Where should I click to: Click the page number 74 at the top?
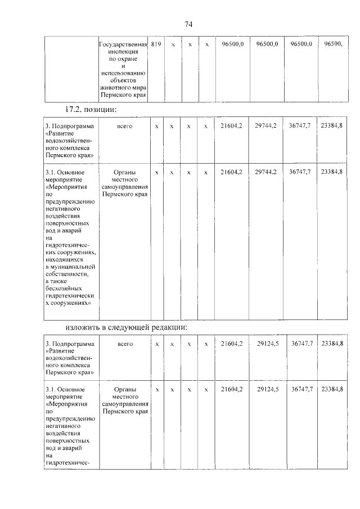pos(188,24)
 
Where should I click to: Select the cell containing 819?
pos(156,44)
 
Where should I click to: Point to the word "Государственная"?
pos(123,44)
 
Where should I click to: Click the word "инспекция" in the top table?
pos(123,51)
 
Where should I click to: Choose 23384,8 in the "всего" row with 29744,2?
pos(332,126)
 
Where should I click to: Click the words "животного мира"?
pos(123,88)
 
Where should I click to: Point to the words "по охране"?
pos(123,58)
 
